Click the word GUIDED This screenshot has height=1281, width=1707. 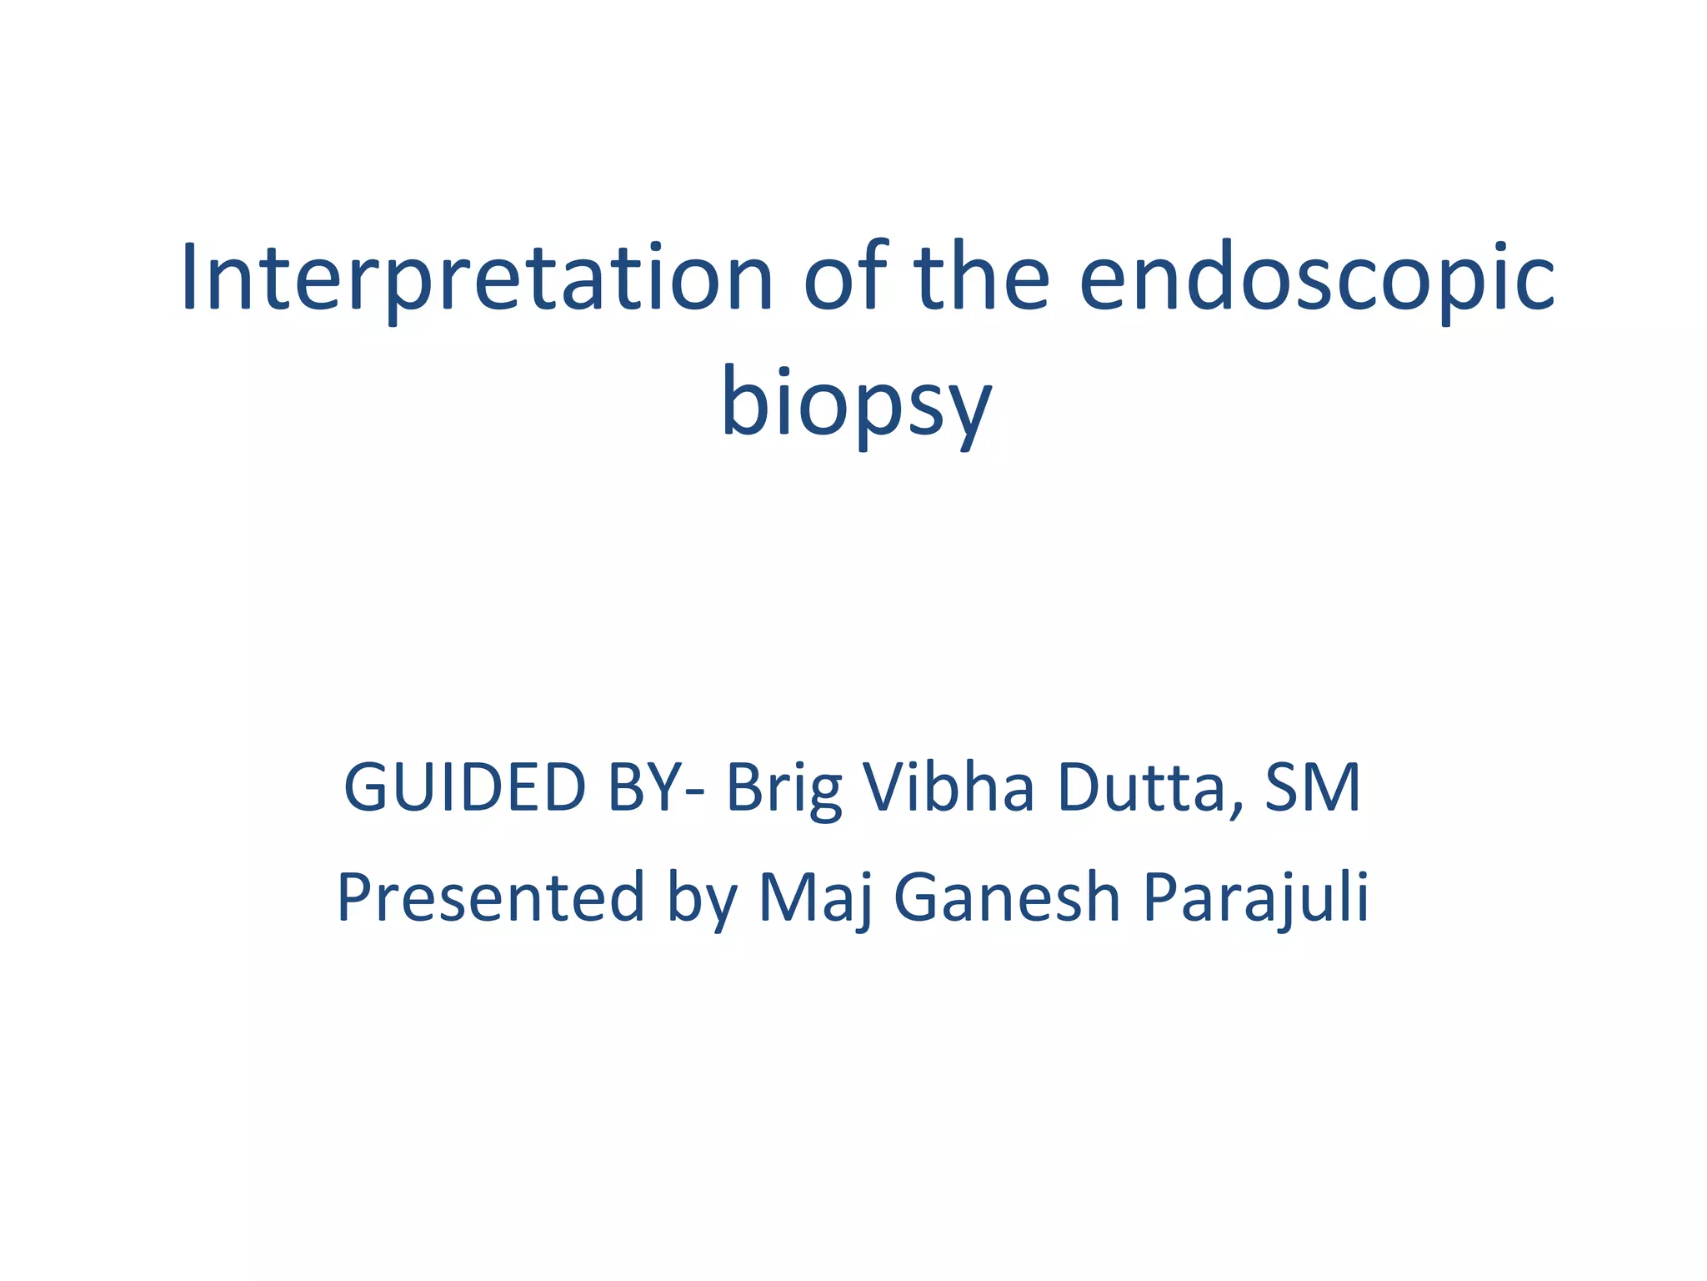(x=465, y=787)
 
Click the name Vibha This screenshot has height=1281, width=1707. (x=949, y=787)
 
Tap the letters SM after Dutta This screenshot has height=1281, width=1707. (x=1313, y=787)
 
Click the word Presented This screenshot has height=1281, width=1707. (x=490, y=898)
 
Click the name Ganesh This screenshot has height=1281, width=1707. (x=1008, y=898)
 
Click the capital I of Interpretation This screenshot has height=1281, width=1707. (x=189, y=278)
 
